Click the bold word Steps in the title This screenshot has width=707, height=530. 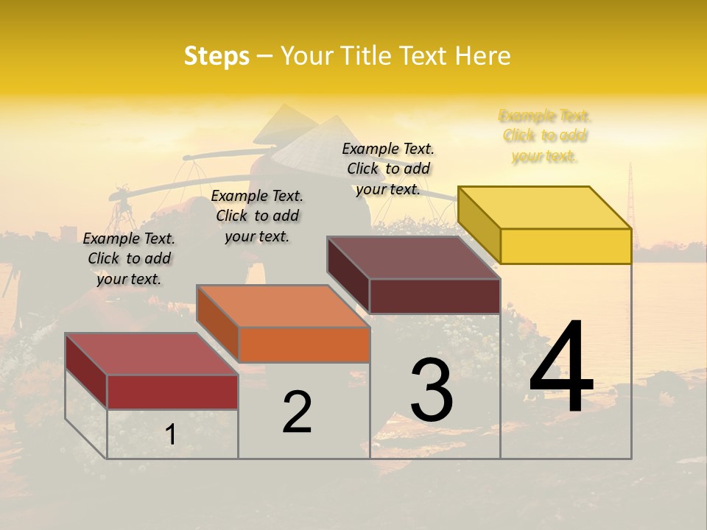pyautogui.click(x=217, y=56)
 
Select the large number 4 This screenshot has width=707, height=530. pyautogui.click(x=561, y=368)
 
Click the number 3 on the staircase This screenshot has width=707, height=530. pyautogui.click(x=432, y=389)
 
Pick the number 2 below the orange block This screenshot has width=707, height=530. pyautogui.click(x=297, y=412)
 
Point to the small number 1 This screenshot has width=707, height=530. pyautogui.click(x=171, y=434)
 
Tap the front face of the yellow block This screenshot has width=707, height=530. pyautogui.click(x=566, y=246)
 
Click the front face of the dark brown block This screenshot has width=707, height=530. pyautogui.click(x=435, y=296)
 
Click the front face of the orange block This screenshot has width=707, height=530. pyautogui.click(x=303, y=344)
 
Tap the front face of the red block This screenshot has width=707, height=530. pyautogui.click(x=172, y=392)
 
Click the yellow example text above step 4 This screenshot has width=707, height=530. pyautogui.click(x=545, y=136)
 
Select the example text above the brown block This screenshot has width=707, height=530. pyautogui.click(x=388, y=169)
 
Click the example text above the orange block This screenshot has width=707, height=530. pyautogui.click(x=257, y=216)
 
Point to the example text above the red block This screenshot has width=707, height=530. pyautogui.click(x=129, y=258)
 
